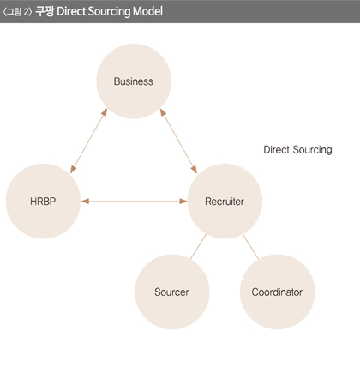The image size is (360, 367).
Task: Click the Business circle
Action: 134,81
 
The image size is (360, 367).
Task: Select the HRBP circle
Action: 43,201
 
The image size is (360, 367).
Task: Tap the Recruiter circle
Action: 225,201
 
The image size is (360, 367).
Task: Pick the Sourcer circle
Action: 172,292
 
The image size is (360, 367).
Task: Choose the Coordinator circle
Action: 278,292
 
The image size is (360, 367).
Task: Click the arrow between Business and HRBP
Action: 88,141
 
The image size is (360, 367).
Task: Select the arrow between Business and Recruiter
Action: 178,141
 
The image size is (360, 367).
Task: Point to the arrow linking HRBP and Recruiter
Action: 134,202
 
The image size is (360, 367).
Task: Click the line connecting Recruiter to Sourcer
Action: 198,247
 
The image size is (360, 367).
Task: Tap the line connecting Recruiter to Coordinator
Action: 250,247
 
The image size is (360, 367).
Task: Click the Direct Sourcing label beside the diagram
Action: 297,150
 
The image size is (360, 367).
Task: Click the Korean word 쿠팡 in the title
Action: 45,11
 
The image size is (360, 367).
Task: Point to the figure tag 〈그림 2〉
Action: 17,12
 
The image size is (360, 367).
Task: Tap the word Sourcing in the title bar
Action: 109,12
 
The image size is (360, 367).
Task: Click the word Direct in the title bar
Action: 71,11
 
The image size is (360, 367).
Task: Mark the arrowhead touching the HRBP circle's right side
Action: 85,202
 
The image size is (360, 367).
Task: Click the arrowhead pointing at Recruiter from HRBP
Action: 183,202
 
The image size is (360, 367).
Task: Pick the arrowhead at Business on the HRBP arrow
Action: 105,112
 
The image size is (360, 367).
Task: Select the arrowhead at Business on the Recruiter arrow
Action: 163,112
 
